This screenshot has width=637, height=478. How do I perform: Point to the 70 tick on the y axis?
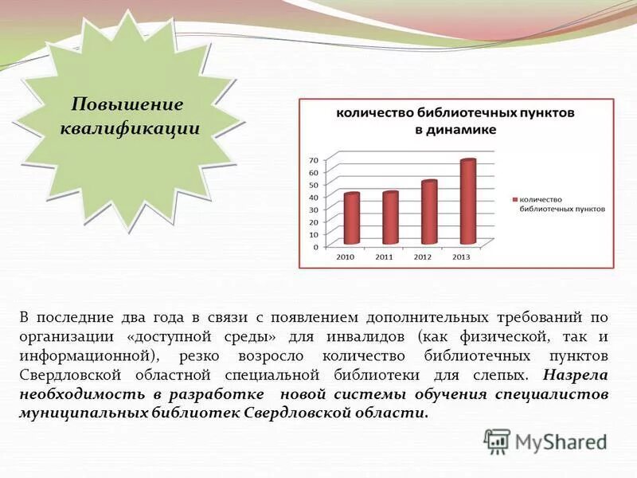314,160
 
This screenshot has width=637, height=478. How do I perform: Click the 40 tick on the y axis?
314,198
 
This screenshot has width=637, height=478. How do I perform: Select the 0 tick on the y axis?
315,247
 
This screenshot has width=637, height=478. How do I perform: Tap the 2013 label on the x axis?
460,257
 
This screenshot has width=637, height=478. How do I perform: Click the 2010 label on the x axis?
345,257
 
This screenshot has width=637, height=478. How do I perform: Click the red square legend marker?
514,199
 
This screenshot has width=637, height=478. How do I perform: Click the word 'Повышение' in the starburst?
127,104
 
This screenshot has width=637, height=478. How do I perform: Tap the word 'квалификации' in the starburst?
130,127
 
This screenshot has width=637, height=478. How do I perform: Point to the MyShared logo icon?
498,440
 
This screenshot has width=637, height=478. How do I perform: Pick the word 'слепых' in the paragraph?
502,374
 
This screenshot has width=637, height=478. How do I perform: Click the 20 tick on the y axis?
314,222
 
